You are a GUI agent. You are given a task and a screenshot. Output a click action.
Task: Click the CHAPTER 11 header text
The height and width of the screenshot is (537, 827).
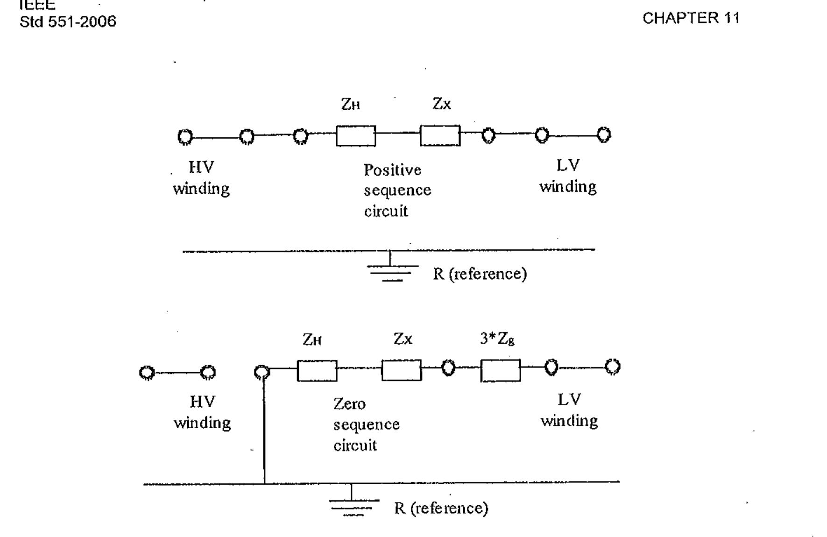691,18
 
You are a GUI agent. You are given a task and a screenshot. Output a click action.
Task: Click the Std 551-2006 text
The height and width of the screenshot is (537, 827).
68,21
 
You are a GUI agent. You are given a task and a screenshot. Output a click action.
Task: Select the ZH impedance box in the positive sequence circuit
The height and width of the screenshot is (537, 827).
356,136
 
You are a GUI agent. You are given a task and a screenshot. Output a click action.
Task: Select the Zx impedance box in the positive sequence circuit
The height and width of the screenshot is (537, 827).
440,135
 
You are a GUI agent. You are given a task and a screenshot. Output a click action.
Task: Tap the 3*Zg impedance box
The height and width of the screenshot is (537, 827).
500,371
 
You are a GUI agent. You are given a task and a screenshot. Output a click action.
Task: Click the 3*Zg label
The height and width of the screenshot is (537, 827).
497,339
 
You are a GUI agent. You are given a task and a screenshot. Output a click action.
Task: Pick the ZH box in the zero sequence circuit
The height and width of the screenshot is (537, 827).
317,371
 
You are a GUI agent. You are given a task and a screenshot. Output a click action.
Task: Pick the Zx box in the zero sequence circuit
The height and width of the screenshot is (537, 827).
401,370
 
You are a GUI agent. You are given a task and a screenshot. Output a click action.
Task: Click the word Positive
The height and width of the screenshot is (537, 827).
392,170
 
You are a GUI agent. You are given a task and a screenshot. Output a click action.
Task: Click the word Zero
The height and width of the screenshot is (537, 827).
349,404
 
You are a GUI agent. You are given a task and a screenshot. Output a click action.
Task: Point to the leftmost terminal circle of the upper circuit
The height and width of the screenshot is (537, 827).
185,137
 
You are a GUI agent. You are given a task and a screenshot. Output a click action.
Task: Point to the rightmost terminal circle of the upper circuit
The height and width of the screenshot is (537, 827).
604,135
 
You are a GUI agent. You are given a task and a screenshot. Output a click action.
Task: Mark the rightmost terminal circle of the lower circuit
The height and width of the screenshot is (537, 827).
613,367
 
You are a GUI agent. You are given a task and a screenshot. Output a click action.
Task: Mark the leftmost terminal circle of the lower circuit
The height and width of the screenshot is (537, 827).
147,373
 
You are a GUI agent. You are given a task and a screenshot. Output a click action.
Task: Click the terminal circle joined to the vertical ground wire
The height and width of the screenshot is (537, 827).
262,372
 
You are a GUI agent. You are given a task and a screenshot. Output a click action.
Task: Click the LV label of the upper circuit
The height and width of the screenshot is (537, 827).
568,165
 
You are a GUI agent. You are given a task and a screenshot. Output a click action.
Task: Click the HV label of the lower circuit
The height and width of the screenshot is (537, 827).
202,402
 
